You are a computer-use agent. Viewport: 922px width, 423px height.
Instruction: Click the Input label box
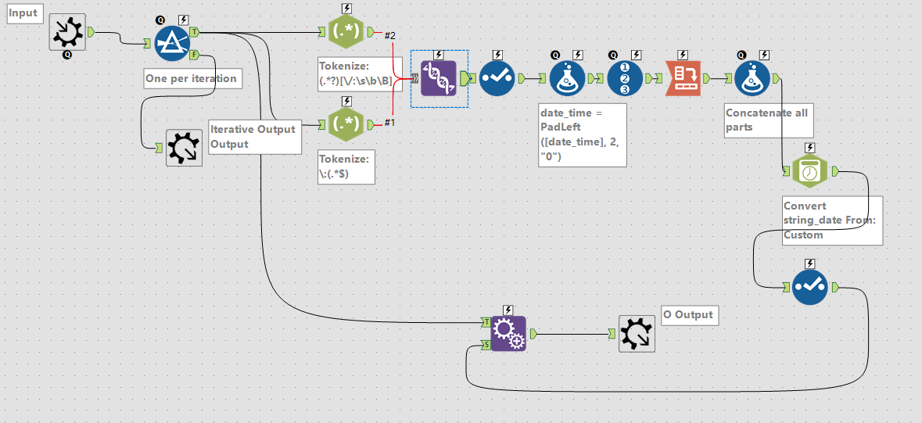click(x=23, y=14)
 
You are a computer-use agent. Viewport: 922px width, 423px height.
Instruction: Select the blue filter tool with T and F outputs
click(x=171, y=43)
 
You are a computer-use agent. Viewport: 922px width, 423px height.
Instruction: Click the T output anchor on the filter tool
click(x=193, y=32)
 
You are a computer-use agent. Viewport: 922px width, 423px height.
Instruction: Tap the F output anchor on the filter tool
click(x=193, y=54)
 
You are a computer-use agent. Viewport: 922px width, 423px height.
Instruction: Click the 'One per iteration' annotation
click(x=191, y=78)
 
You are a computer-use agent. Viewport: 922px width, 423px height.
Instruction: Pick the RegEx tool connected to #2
click(x=346, y=33)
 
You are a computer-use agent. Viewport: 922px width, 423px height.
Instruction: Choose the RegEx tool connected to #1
click(x=346, y=124)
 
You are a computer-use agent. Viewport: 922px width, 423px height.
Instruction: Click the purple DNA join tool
click(x=439, y=78)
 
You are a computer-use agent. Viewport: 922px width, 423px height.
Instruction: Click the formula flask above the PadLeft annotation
click(x=568, y=78)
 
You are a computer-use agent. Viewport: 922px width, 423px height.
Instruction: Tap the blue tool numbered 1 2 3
click(x=625, y=78)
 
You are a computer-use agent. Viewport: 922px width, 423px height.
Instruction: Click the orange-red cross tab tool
click(x=682, y=78)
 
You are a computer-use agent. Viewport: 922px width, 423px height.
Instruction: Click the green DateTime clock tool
click(x=809, y=170)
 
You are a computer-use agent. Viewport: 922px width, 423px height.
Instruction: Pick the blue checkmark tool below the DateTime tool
click(x=809, y=288)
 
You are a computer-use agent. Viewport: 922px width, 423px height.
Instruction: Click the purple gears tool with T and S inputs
click(x=508, y=334)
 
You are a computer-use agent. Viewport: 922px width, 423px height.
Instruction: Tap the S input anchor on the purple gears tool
click(x=487, y=345)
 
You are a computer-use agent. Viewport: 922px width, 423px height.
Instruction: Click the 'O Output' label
click(x=688, y=314)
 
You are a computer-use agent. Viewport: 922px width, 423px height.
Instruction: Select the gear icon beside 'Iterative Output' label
click(x=185, y=148)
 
